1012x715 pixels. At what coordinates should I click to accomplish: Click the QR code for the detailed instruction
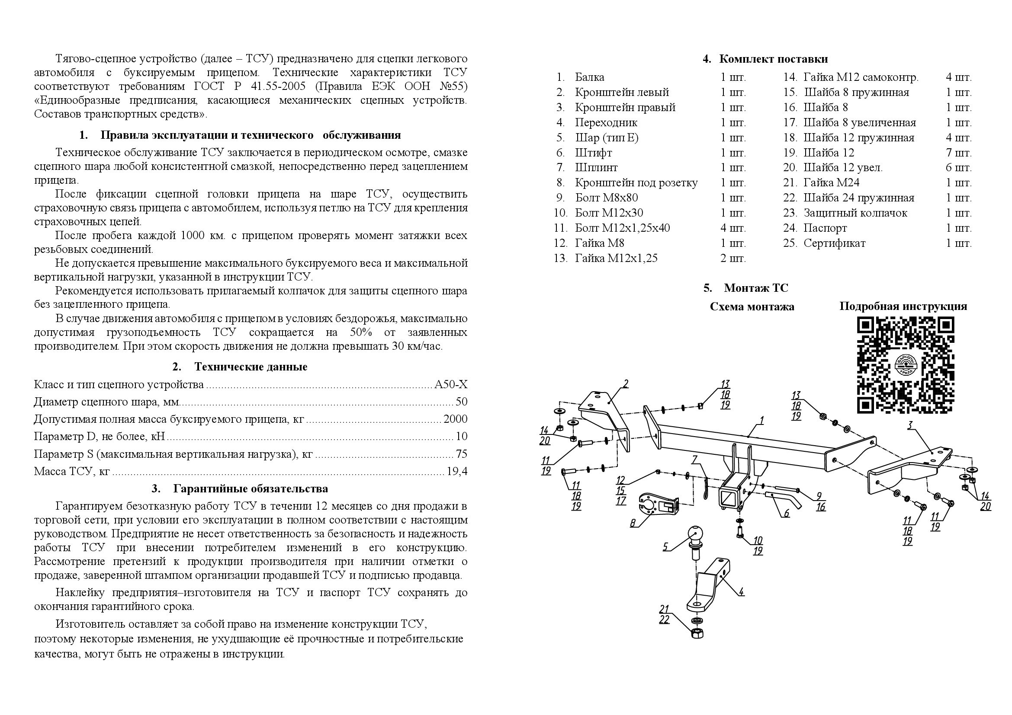[x=905, y=365]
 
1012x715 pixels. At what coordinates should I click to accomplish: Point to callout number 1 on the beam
[x=761, y=421]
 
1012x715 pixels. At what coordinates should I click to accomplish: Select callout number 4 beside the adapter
[x=742, y=592]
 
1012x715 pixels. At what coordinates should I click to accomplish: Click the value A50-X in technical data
[x=451, y=385]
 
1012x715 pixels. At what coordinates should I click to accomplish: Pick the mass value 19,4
[x=456, y=472]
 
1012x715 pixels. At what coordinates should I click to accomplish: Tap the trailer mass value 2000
[x=455, y=419]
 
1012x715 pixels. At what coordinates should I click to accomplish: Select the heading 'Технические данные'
[x=251, y=367]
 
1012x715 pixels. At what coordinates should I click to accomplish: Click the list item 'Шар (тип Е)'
[x=607, y=138]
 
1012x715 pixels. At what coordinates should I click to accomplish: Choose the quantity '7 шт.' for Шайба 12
[x=958, y=153]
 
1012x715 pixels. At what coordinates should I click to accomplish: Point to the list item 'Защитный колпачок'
[x=855, y=213]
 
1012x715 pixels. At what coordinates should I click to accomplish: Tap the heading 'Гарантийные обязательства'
[x=251, y=489]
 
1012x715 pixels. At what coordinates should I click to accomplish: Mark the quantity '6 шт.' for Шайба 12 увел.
[x=958, y=168]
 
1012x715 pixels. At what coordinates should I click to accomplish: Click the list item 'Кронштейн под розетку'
[x=636, y=183]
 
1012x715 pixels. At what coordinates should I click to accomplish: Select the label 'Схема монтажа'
[x=752, y=307]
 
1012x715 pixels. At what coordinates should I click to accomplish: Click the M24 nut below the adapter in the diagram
[x=698, y=633]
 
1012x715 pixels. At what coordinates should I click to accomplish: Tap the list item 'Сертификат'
[x=834, y=243]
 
